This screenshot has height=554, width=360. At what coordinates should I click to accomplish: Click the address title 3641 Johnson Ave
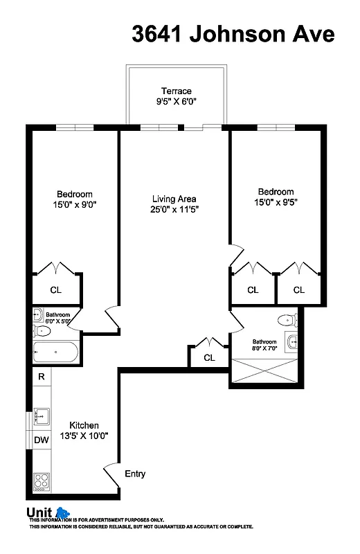coord(233,34)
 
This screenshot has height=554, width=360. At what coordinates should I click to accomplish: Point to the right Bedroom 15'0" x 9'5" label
coord(276,197)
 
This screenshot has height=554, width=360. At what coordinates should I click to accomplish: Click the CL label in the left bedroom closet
coord(55,291)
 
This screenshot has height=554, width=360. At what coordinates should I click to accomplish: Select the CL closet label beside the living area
coord(209,358)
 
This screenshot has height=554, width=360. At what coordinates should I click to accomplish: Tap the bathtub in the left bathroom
coord(55,352)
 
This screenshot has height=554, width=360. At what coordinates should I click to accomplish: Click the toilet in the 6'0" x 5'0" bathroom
coord(39,316)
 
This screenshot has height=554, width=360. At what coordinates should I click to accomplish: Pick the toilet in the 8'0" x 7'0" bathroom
coord(285,320)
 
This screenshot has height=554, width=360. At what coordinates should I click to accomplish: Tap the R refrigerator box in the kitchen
coord(42,377)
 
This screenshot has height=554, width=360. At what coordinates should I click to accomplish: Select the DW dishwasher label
coord(42,440)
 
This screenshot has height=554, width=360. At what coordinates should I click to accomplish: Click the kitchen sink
coord(41,416)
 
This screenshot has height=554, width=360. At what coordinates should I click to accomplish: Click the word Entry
coord(135,474)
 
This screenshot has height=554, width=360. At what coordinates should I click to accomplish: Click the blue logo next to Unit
coord(63,513)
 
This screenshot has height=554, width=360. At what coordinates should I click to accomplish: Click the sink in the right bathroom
coord(291,341)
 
